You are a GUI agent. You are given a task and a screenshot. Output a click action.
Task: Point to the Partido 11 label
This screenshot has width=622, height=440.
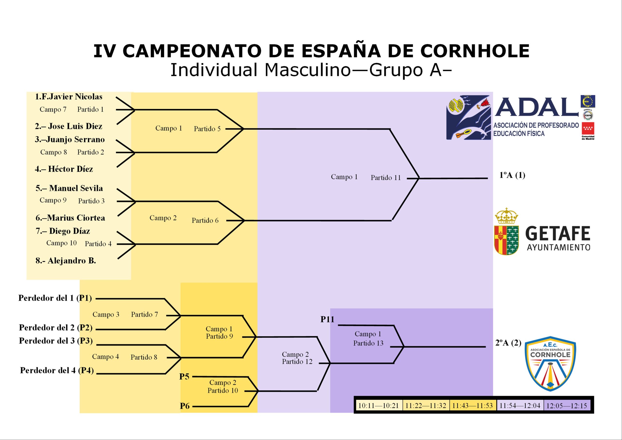(386, 178)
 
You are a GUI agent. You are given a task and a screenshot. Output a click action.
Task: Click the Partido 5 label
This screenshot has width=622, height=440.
(207, 129)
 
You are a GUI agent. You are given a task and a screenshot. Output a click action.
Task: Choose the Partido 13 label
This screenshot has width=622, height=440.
(368, 343)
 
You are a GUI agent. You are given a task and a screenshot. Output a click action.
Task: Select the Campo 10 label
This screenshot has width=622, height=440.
(61, 243)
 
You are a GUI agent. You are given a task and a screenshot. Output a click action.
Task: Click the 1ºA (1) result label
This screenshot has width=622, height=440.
(512, 176)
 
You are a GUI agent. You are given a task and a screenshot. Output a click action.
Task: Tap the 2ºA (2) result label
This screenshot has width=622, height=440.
(508, 343)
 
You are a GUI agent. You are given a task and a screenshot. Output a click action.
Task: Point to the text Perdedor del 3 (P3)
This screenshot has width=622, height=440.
(56, 341)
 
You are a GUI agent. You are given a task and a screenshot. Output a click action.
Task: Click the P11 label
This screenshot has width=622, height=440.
(327, 319)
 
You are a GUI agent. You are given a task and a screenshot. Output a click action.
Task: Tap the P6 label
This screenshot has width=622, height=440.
(185, 406)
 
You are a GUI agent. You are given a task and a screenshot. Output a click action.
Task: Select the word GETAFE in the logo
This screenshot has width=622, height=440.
(558, 234)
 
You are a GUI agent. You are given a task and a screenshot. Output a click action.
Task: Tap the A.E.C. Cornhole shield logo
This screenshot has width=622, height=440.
(550, 364)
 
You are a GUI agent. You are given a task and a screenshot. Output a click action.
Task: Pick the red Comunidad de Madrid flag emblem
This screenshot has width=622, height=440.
(588, 128)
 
